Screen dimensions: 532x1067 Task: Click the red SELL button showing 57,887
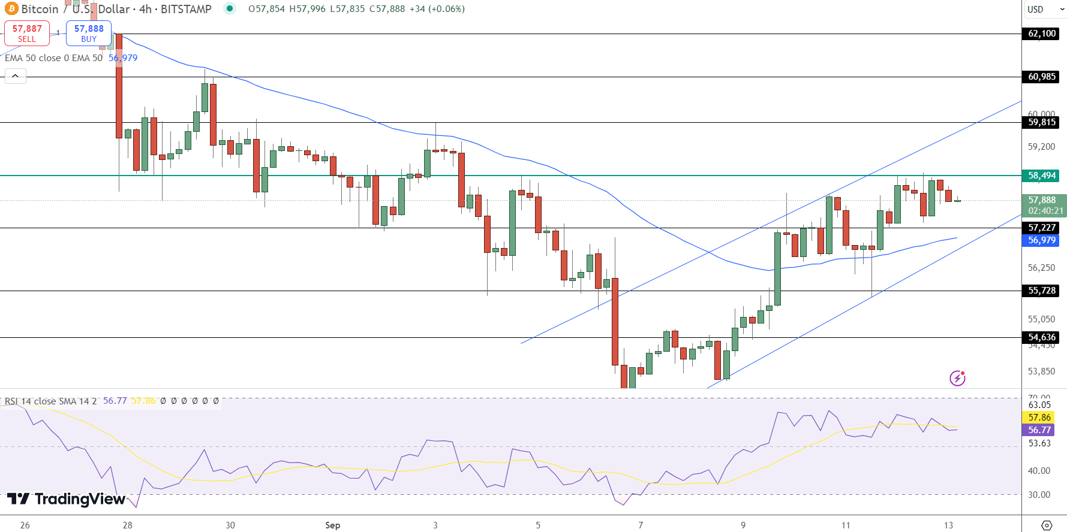pos(27,34)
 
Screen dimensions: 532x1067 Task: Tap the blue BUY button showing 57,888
pos(89,34)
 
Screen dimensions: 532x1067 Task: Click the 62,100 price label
pos(1041,34)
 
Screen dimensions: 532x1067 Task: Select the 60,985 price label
pos(1041,77)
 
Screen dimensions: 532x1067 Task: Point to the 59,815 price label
pos(1041,122)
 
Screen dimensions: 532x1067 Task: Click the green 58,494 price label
pos(1041,176)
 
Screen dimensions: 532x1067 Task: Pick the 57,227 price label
pos(1041,228)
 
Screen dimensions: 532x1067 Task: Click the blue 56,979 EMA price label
pos(1041,240)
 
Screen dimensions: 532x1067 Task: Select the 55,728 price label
pos(1041,291)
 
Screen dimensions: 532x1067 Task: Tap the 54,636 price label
pos(1041,337)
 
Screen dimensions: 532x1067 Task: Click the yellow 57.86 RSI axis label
pos(1039,418)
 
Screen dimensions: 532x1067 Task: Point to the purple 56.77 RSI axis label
pos(1039,430)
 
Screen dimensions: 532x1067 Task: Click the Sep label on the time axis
pos(332,525)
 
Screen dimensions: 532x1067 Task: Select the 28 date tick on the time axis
pos(127,525)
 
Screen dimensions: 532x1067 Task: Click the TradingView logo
pos(66,499)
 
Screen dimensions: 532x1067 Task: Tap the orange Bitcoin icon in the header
pos(11,9)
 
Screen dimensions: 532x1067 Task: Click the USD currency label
pos(1035,9)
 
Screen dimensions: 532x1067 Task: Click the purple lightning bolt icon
pos(957,378)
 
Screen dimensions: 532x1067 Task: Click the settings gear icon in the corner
pos(1047,525)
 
